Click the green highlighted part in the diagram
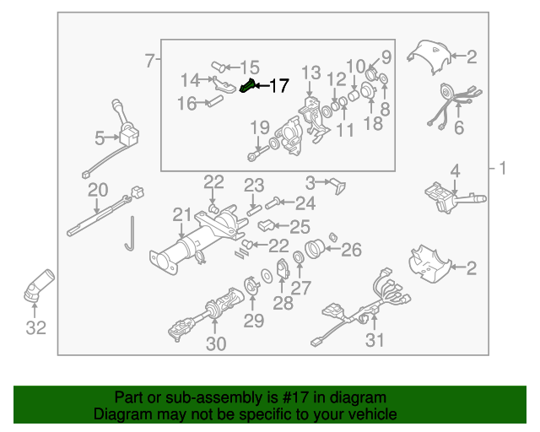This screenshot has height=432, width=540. click(250, 86)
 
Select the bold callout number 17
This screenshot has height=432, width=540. click(278, 86)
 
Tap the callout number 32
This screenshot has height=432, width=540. click(35, 328)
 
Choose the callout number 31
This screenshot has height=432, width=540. click(374, 340)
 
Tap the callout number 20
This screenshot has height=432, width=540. click(98, 189)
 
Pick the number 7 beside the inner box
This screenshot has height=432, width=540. click(149, 61)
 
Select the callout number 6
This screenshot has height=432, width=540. click(459, 128)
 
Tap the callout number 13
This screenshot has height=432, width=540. click(311, 73)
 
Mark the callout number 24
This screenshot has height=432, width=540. click(304, 202)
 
